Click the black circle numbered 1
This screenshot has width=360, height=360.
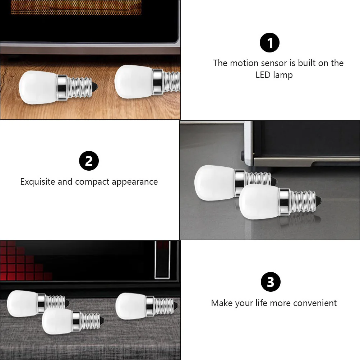coord(269,42)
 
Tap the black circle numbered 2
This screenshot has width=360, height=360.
coord(89,161)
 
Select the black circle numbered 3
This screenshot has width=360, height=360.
coord(271,282)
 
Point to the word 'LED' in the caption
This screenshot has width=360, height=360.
coord(263,75)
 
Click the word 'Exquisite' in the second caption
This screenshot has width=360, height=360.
coord(38,181)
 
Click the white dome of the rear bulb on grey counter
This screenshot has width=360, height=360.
coord(215,183)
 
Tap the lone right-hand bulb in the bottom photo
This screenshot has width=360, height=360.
coord(147,306)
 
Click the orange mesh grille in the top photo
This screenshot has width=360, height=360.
coord(76,7)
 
